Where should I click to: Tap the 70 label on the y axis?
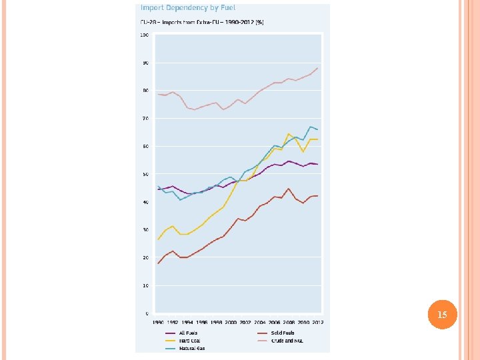click(145, 119)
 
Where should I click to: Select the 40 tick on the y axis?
click(145, 202)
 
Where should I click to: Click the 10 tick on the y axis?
click(145, 285)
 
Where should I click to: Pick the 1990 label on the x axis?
click(158, 323)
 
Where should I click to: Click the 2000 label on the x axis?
click(231, 323)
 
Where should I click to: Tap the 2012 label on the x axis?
click(318, 323)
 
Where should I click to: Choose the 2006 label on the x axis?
click(274, 323)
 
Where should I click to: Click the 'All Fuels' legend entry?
click(188, 333)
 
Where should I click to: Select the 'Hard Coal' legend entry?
click(188, 341)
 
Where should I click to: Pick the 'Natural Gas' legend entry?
click(191, 348)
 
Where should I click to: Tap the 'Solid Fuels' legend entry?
click(283, 333)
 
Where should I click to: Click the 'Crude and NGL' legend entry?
click(287, 341)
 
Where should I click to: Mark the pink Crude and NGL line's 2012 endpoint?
click(318, 68)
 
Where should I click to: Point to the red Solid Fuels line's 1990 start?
click(158, 263)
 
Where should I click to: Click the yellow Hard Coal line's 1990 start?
click(158, 239)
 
